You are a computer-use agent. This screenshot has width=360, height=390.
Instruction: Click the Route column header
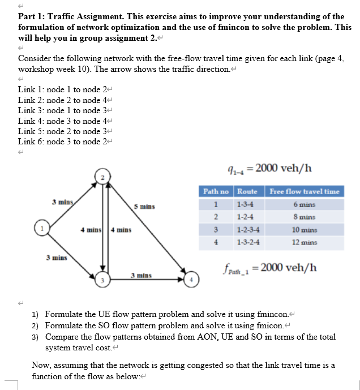(x=247, y=191)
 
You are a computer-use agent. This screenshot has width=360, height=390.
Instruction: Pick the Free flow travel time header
(x=304, y=191)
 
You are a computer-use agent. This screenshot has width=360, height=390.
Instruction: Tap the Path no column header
(x=216, y=191)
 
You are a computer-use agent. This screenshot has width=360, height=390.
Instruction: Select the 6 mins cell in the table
(x=304, y=204)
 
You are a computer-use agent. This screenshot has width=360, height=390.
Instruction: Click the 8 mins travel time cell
(x=304, y=217)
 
